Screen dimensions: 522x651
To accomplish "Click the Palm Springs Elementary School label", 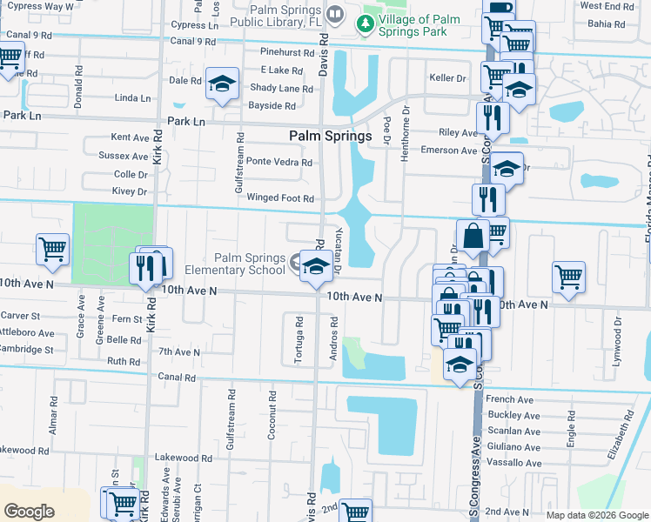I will tap(250, 264).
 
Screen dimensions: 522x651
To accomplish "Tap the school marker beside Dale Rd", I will tap(222, 84).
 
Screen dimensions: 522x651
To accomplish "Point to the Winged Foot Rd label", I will tap(279, 197).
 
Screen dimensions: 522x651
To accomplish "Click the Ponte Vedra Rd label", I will tap(279, 162).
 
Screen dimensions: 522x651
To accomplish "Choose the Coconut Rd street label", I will tap(272, 414).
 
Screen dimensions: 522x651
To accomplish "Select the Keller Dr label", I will tap(448, 77).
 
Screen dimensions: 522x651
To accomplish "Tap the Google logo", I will tap(29, 512).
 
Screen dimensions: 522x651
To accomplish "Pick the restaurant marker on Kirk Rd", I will tap(144, 268).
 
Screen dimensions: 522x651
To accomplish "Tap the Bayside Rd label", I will tap(272, 105).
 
